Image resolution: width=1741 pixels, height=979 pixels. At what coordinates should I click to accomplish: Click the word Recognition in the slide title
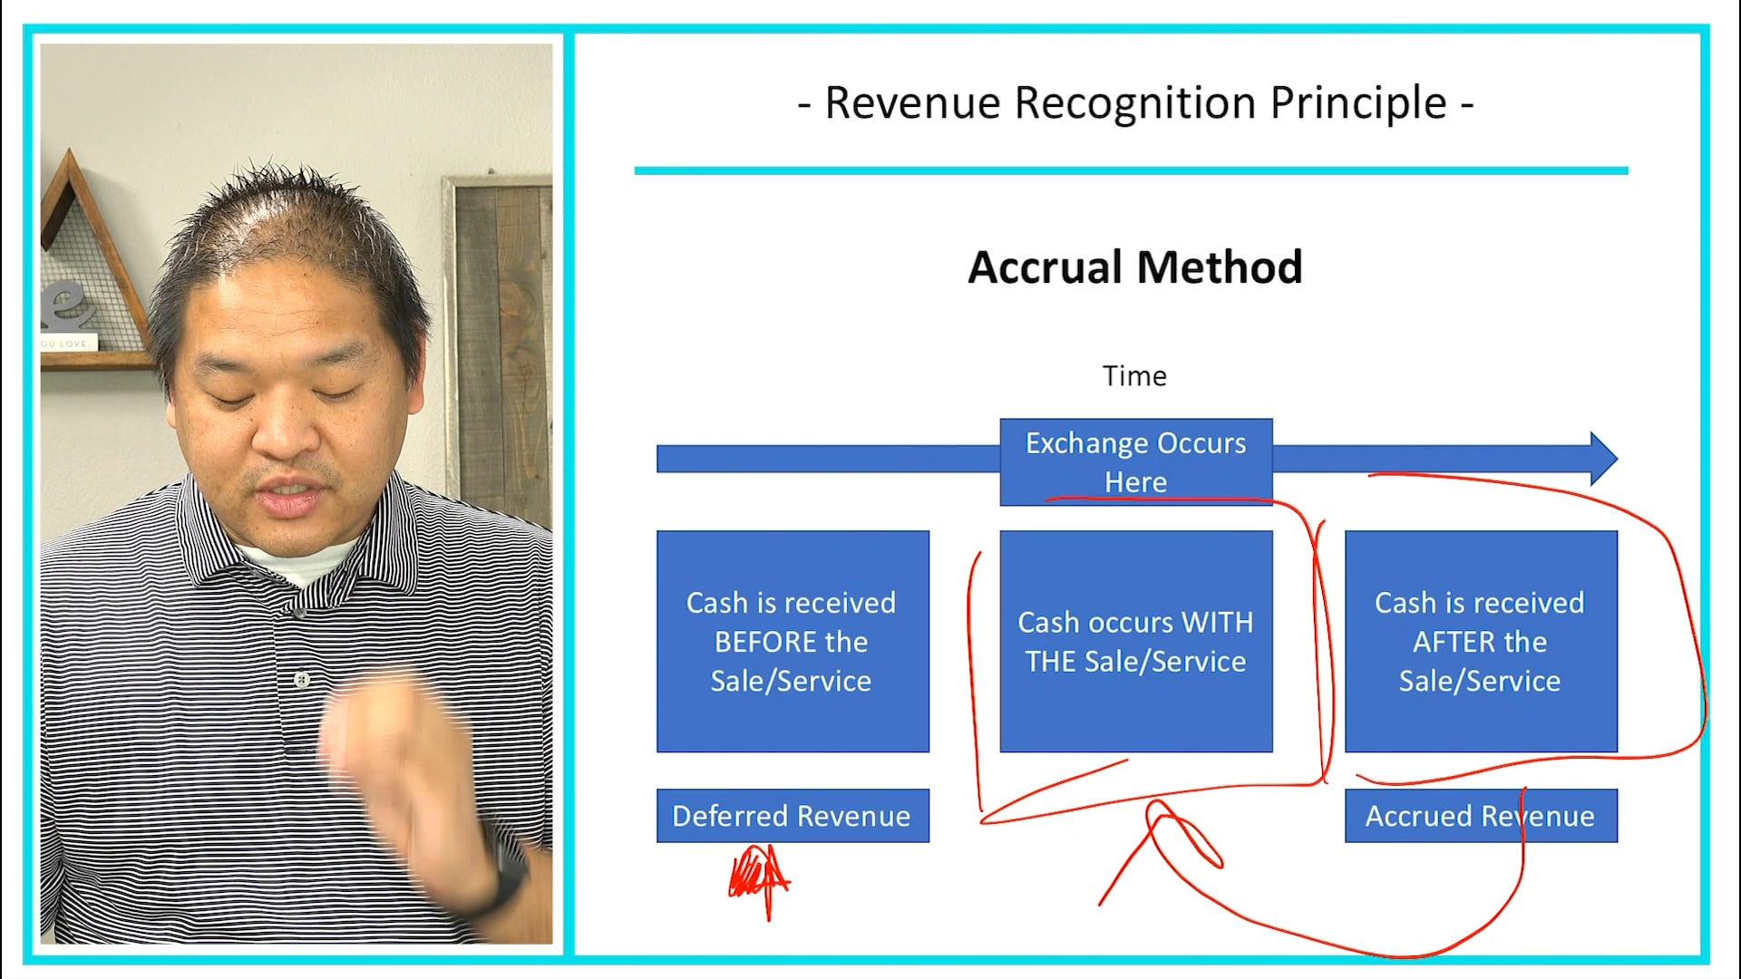pyautogui.click(x=1136, y=103)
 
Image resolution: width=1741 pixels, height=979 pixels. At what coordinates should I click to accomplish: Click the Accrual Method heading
pyautogui.click(x=1134, y=267)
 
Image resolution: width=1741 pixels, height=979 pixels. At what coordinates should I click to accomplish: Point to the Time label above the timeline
pyautogui.click(x=1134, y=375)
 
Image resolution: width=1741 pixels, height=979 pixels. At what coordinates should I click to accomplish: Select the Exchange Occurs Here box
pyautogui.click(x=1135, y=461)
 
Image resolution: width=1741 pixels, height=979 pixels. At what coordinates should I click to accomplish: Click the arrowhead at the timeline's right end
pyautogui.click(x=1603, y=459)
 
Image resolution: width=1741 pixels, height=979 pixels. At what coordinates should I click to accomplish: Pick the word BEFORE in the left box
pyautogui.click(x=791, y=642)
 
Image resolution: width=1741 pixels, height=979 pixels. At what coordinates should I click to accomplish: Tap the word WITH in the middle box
pyautogui.click(x=1217, y=623)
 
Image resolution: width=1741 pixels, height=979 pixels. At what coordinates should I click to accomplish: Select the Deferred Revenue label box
pyautogui.click(x=792, y=816)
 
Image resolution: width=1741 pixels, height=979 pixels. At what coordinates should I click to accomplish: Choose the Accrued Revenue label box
pyautogui.click(x=1480, y=816)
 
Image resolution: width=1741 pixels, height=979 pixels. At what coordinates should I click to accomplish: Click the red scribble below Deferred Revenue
pyautogui.click(x=758, y=877)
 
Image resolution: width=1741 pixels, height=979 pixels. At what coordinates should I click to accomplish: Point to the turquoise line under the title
pyautogui.click(x=1131, y=170)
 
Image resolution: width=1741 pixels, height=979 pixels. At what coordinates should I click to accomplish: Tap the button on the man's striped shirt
pyautogui.click(x=303, y=679)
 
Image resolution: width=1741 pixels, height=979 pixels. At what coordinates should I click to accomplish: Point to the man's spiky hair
pyautogui.click(x=290, y=218)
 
